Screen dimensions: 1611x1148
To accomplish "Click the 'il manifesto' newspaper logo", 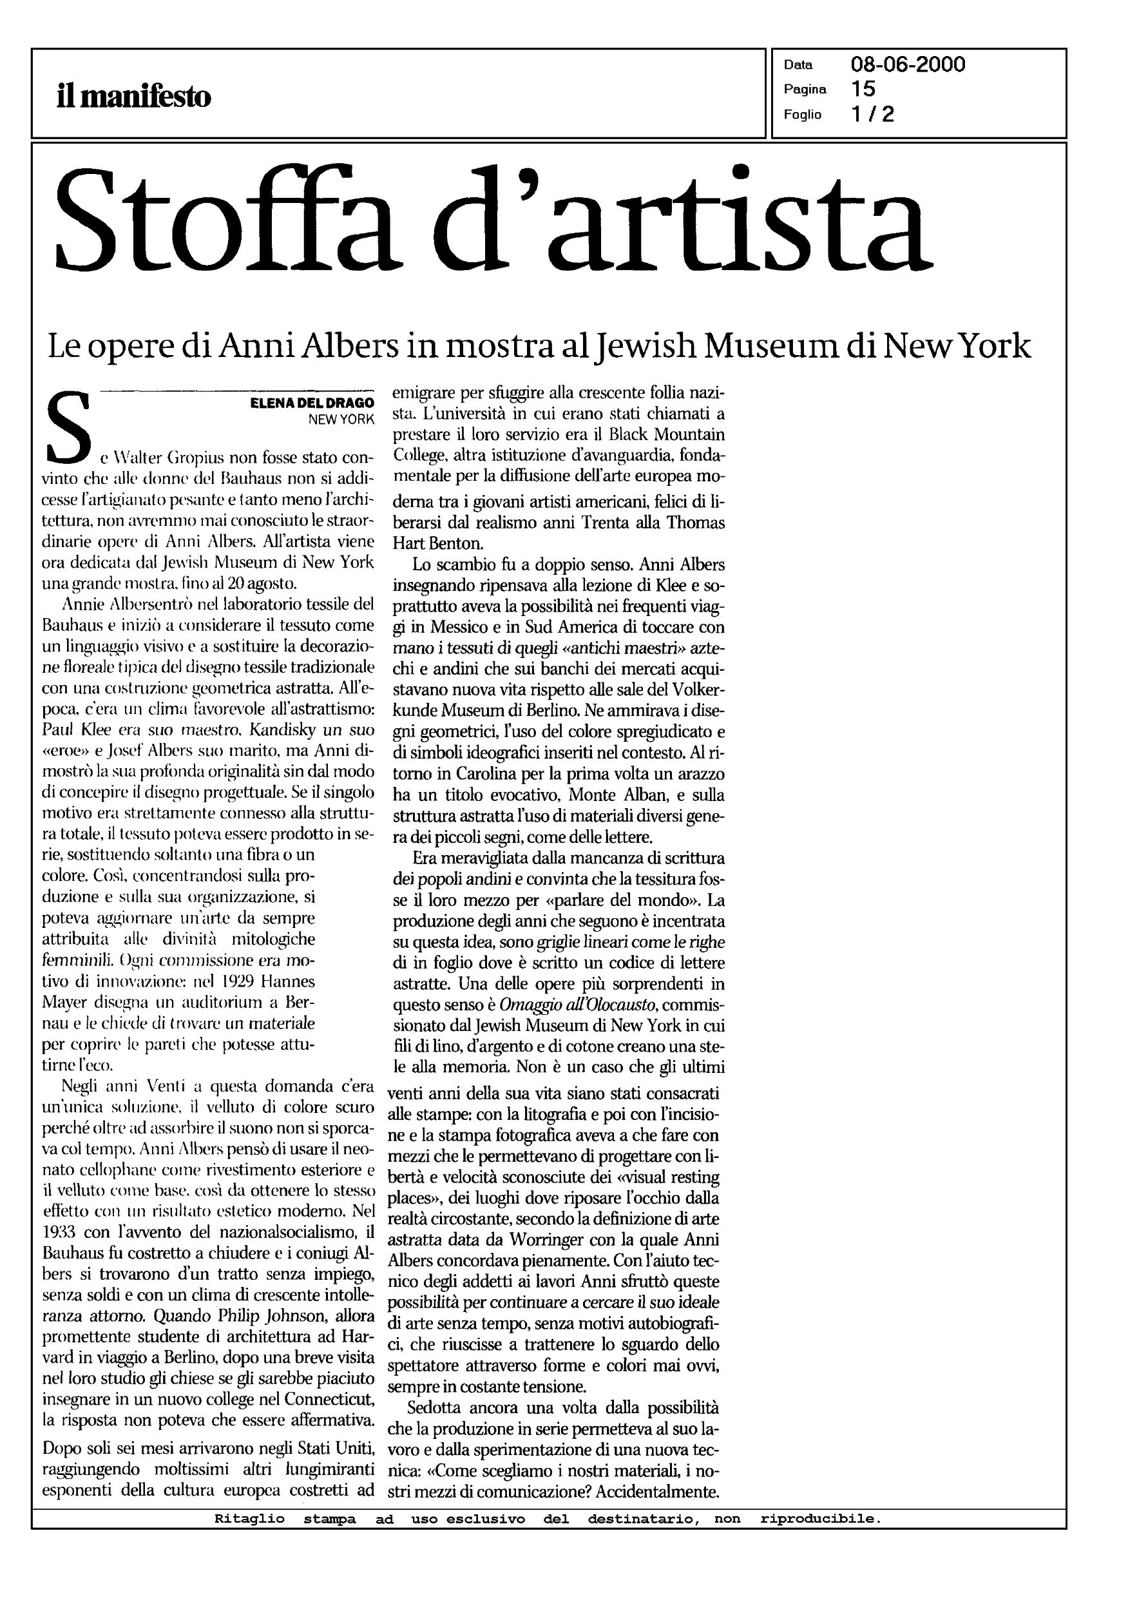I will coord(133,95).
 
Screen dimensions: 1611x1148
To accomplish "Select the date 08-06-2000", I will coord(908,64).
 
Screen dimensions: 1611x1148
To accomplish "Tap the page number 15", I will coord(863,88).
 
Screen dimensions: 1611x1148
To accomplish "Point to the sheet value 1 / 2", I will coord(873,114).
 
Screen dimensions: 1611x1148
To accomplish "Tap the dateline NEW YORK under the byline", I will coord(340,420).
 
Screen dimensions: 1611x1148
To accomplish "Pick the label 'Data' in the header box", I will coord(798,65).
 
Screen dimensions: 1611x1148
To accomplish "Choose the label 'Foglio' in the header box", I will coord(802,115).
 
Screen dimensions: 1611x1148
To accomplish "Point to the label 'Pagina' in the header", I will coord(805,89).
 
